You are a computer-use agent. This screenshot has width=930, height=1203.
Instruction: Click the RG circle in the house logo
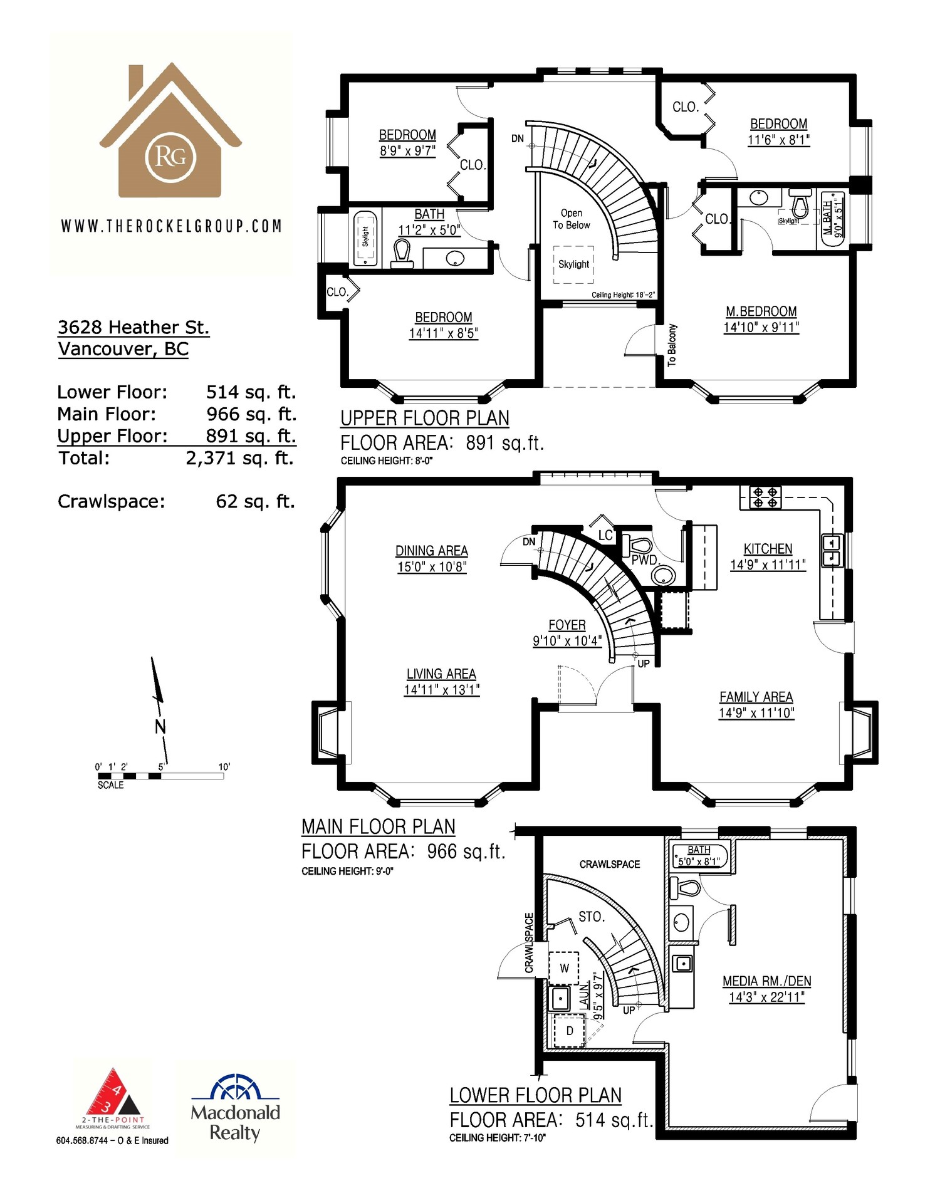170,157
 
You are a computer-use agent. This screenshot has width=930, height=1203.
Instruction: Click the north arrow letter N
160,727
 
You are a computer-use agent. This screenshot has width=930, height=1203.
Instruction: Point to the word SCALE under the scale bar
111,785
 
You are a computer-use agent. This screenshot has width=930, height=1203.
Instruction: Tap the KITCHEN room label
768,549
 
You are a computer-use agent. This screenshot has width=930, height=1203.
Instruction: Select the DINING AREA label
432,551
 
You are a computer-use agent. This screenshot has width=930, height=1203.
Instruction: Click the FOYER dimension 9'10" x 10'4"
567,641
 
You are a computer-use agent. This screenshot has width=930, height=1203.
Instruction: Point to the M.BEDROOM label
761,311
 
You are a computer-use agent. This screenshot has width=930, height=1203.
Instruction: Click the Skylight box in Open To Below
573,264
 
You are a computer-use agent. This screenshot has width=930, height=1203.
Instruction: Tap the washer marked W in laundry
564,968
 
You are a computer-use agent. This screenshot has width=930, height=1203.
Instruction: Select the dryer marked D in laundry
570,1031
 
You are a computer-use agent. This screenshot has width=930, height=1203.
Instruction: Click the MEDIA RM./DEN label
767,981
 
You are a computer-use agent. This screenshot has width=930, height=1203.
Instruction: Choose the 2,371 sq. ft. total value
240,458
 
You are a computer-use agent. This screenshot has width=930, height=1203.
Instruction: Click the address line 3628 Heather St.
133,327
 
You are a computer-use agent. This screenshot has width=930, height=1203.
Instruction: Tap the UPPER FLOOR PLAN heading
425,418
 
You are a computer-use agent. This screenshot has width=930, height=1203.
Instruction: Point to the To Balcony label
672,345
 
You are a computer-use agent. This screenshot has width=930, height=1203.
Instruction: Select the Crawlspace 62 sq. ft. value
255,501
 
